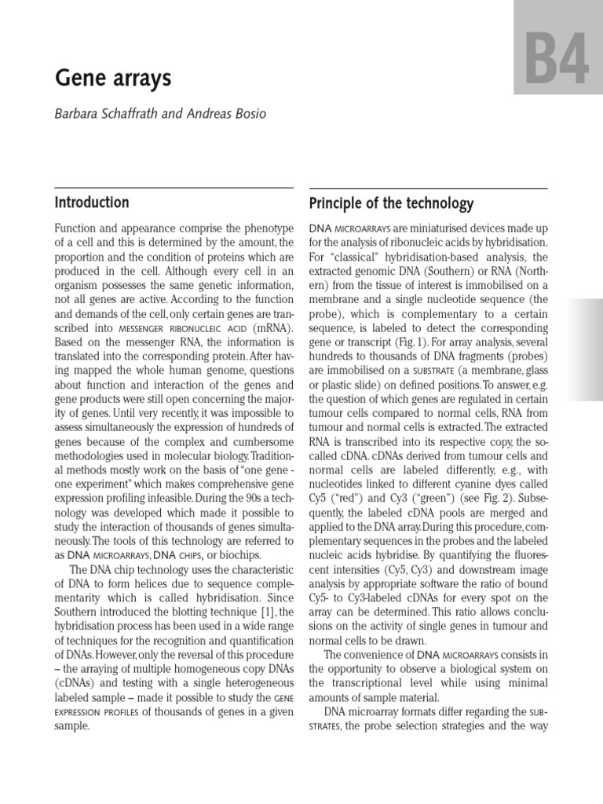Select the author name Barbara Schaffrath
(x=108, y=115)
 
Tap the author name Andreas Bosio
(x=228, y=115)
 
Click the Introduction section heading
(x=92, y=203)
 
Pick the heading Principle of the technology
(x=391, y=204)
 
